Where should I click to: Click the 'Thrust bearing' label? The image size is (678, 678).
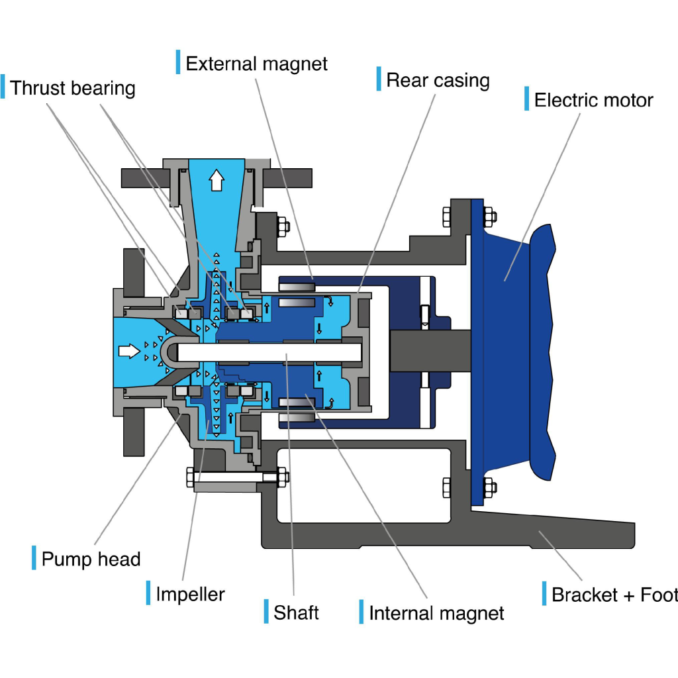point(73,88)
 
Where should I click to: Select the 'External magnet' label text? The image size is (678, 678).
point(256,64)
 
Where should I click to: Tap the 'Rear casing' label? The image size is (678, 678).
point(438,80)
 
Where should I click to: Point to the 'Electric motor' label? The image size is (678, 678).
point(593,100)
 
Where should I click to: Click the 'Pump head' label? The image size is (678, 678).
point(91,559)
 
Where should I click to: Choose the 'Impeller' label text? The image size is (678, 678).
point(190,594)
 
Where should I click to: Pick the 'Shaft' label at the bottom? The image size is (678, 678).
point(296,612)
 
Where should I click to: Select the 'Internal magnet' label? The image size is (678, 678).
point(436,613)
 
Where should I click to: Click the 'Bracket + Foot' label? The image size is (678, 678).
point(614,595)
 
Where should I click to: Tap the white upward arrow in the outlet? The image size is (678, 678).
point(217,180)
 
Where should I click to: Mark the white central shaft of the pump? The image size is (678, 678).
point(269,352)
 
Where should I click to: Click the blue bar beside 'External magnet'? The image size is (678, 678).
point(178,62)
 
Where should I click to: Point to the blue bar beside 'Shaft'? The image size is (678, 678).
point(266,611)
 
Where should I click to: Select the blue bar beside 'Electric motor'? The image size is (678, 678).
point(526,98)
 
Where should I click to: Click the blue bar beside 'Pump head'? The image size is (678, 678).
point(34,557)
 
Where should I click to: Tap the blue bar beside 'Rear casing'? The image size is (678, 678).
point(379,79)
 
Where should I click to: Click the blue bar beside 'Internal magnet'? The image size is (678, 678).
point(362,611)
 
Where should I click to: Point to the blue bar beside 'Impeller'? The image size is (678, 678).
point(148,593)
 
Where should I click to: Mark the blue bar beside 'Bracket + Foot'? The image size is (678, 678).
point(544,593)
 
